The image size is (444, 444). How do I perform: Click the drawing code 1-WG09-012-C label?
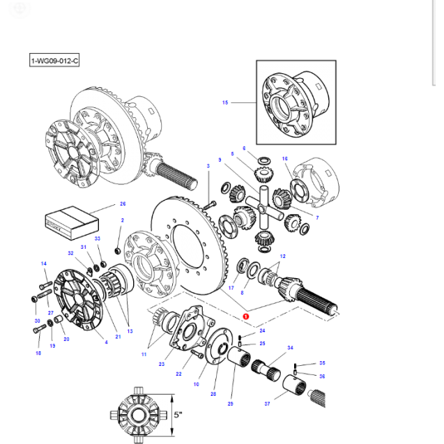[55, 61]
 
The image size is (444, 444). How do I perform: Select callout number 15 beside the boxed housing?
[225, 102]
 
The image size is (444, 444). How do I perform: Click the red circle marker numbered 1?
[245, 316]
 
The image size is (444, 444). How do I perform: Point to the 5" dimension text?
[179, 415]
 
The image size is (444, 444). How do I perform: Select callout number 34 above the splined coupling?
[290, 347]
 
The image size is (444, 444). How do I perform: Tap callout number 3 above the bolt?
[208, 166]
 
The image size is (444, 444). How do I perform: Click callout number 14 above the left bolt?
[43, 263]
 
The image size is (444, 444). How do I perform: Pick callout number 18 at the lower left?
[38, 353]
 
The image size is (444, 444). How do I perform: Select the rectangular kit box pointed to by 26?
[72, 220]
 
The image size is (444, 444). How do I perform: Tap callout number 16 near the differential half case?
[284, 159]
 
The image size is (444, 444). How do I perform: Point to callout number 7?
[317, 218]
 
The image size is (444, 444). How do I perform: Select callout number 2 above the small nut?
[121, 221]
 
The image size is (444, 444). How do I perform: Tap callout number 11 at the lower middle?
[144, 355]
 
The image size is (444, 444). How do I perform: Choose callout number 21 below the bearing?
[118, 337]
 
